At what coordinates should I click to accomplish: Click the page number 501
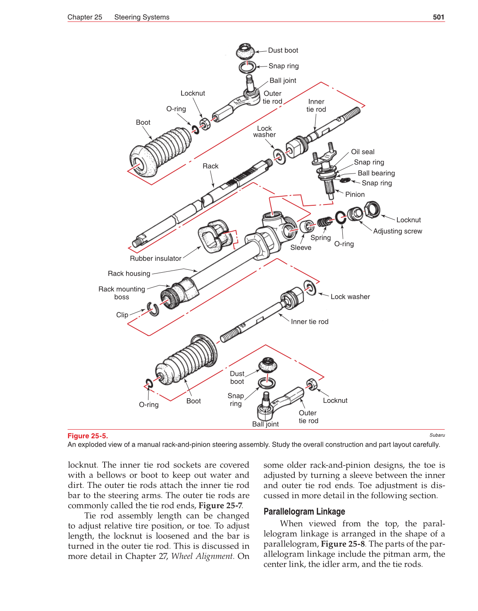coord(438,17)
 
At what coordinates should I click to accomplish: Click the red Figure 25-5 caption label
coord(88,436)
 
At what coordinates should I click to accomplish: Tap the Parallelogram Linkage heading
coord(304,511)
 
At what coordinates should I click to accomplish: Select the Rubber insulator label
coord(155,259)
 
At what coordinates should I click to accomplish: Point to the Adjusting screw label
coord(397,231)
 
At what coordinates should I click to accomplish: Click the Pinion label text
coord(355,195)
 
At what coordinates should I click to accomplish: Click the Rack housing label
coord(129,273)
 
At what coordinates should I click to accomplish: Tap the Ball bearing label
coord(376,173)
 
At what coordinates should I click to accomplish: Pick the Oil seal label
coord(363,152)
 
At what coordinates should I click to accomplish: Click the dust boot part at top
coord(246,52)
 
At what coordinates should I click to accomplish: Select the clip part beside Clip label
coord(153,309)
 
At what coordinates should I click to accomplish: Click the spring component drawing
coord(325,222)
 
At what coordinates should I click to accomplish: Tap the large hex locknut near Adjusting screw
coord(372,209)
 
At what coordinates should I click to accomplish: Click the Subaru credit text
coord(437,435)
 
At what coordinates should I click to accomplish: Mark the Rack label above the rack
coord(210,166)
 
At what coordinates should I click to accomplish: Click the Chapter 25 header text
coord(85,17)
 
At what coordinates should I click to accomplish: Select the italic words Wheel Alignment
coord(202,556)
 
